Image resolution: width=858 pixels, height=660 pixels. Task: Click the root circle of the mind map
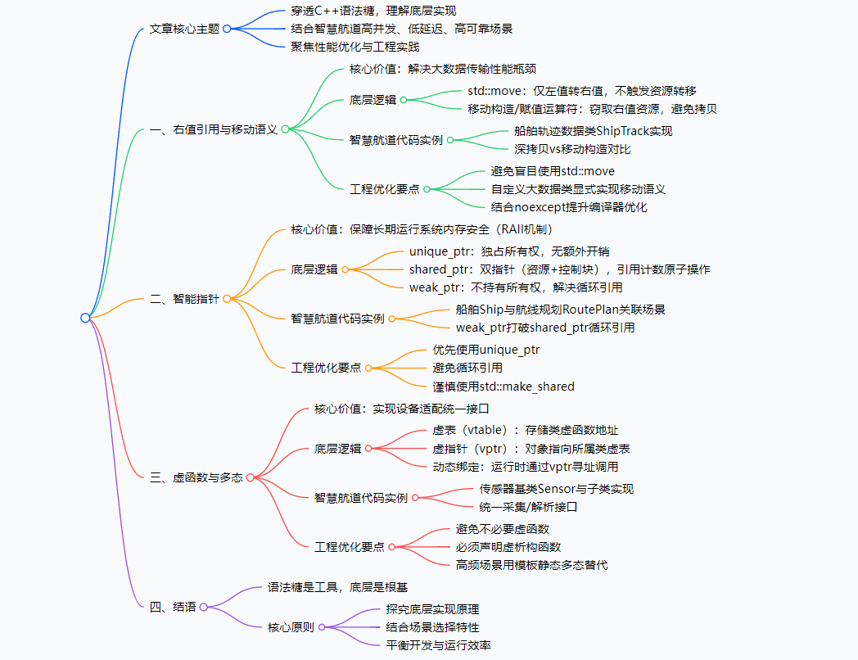pos(85,318)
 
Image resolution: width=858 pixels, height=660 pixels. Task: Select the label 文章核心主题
pos(185,29)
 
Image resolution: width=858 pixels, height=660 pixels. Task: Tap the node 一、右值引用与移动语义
pos(214,129)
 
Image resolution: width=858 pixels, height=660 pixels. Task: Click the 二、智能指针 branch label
pos(185,299)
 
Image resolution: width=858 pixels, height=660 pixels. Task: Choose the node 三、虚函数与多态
pos(196,477)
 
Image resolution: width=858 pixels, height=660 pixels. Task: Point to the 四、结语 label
pos(173,607)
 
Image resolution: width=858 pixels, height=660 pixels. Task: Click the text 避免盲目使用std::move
pos(552,171)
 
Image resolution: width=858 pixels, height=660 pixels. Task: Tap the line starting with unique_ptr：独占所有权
pos(508,251)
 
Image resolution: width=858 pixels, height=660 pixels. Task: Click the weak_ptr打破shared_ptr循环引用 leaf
pos(545,328)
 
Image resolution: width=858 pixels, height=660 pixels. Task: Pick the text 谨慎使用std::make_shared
pos(504,387)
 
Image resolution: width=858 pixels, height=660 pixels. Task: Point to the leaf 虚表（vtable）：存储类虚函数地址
pos(525,430)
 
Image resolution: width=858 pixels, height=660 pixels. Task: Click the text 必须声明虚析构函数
pos(508,546)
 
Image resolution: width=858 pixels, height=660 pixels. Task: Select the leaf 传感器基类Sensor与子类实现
pos(556,489)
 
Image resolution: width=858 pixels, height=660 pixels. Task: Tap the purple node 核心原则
pos(291,627)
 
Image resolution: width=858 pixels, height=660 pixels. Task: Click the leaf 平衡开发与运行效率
pos(438,645)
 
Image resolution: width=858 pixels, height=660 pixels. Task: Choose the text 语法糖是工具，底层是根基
pos(337,587)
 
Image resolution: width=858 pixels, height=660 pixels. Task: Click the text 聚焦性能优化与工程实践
pos(355,47)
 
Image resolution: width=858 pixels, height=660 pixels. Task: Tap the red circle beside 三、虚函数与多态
pos(250,477)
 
